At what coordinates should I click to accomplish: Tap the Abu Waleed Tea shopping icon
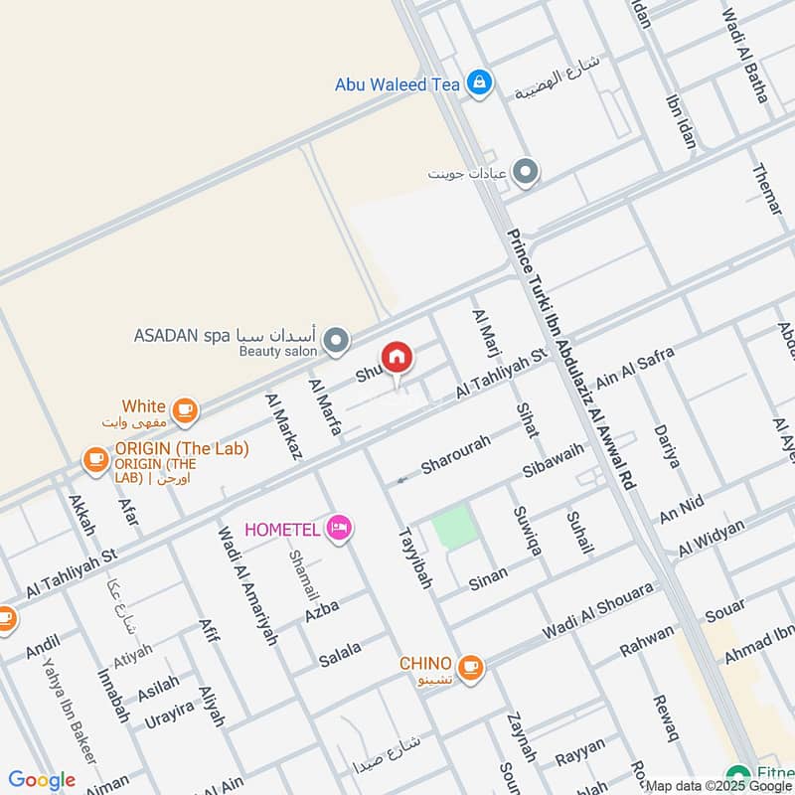point(479,84)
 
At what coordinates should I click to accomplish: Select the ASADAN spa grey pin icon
point(337,343)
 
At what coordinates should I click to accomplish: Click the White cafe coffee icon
point(184,408)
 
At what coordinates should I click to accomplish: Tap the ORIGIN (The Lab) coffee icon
point(95,459)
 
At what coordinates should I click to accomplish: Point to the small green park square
point(451,527)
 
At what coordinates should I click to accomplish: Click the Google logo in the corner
point(42,780)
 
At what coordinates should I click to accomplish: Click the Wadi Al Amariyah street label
point(246,586)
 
